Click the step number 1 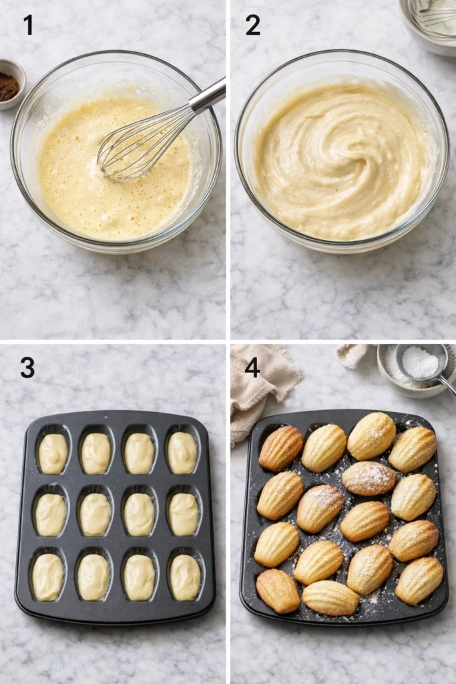pos(28,25)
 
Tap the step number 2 pos(252,25)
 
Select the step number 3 pos(27,367)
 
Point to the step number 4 pos(252,367)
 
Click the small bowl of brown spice pos(9,85)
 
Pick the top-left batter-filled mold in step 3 pos(53,454)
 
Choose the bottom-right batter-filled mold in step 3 pos(184,577)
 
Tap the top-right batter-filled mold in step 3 pos(182,453)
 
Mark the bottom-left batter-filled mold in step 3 pos(48,577)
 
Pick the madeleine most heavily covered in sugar pos(369,478)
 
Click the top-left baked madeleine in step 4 pos(280,448)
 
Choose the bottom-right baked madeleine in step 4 pos(419,580)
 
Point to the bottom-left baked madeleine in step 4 pos(278,590)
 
